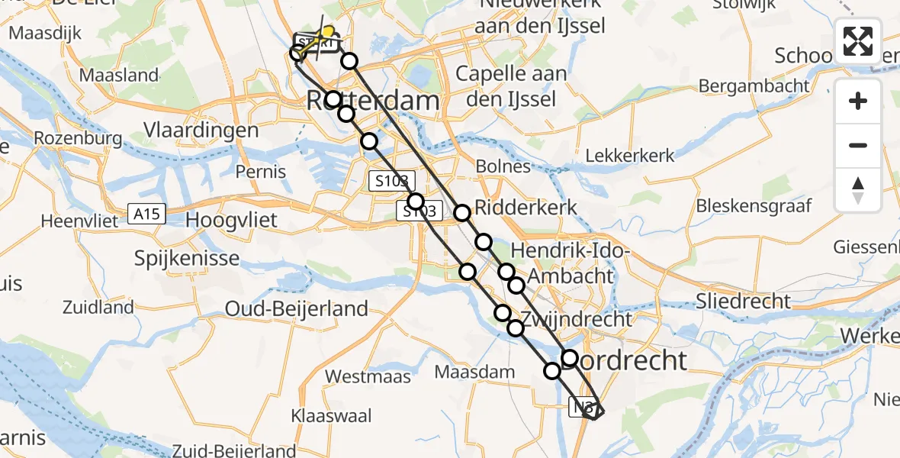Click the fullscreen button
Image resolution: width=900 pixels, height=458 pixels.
[x=858, y=41]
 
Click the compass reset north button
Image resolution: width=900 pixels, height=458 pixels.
[x=858, y=190]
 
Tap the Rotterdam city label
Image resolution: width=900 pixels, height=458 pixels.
[x=373, y=100]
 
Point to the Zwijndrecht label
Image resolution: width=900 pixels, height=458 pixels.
[x=577, y=318]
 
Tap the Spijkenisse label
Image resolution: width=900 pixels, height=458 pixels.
[x=187, y=258]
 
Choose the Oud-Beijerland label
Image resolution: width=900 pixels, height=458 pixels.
[x=297, y=308]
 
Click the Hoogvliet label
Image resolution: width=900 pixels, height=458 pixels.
[x=233, y=220]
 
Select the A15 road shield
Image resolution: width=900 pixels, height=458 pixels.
[x=145, y=214]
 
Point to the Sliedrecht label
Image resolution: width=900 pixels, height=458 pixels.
[x=743, y=301]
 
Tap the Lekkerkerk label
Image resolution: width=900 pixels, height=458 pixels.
[x=631, y=156]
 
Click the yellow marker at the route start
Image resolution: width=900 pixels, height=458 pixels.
[x=329, y=32]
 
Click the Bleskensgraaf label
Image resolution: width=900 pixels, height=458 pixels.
[x=754, y=205]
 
